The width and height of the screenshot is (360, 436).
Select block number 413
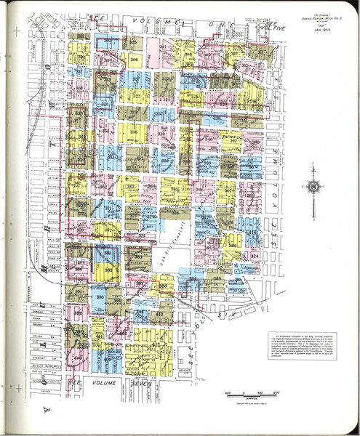pos(158,314)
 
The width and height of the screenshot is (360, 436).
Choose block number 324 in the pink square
pos(255,257)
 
